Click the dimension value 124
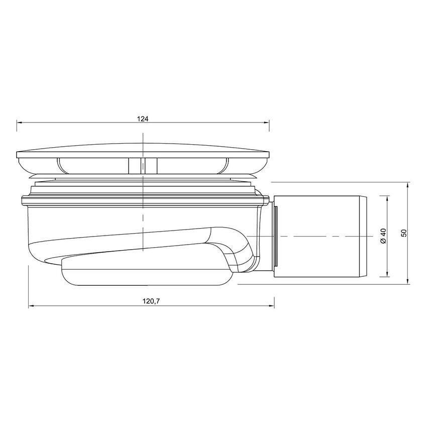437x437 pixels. pyautogui.click(x=143, y=119)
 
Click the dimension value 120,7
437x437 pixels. pyautogui.click(x=151, y=301)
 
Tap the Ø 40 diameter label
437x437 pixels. pyautogui.click(x=383, y=237)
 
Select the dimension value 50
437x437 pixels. pyautogui.click(x=404, y=233)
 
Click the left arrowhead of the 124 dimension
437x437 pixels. pyautogui.click(x=20, y=122)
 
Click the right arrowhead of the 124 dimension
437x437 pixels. pyautogui.click(x=266, y=122)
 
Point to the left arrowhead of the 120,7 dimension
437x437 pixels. pyautogui.click(x=31, y=306)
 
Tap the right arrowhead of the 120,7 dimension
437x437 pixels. pyautogui.click(x=272, y=306)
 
